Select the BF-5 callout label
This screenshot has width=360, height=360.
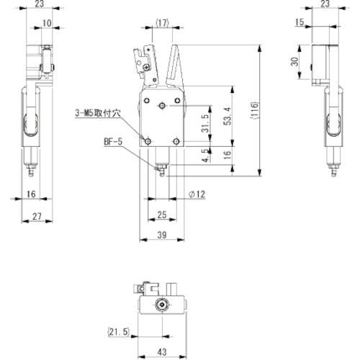click(113, 143)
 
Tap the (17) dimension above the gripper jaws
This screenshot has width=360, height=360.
click(162, 24)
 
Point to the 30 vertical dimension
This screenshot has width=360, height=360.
click(293, 63)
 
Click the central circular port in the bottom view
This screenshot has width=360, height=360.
click(164, 306)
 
